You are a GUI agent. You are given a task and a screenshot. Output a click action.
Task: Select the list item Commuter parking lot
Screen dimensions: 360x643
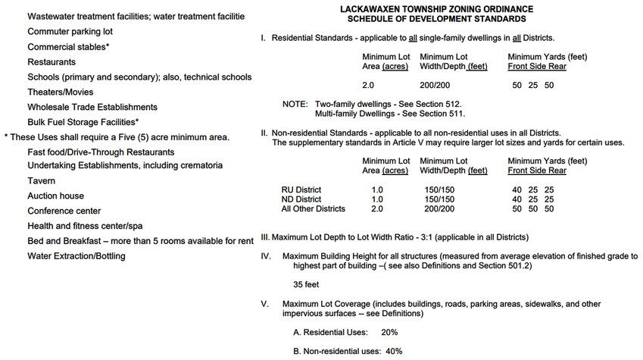(70, 32)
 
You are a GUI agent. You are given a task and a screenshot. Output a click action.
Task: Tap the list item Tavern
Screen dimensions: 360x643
(42, 181)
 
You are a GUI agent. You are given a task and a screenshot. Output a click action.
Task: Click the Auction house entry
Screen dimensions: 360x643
(56, 196)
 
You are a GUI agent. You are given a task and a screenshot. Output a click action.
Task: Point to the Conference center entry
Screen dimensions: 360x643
(64, 211)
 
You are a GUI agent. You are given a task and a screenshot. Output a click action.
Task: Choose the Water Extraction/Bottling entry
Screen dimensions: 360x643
(76, 256)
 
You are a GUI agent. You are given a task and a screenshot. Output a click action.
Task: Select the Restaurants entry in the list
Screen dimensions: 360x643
(52, 62)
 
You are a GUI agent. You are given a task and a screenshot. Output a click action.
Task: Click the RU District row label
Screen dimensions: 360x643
(301, 189)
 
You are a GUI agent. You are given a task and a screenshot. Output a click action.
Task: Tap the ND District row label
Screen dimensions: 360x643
(301, 199)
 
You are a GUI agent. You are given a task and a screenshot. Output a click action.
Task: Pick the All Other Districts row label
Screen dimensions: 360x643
(314, 209)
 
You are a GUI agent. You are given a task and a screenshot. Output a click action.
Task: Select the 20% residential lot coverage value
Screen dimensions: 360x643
(390, 332)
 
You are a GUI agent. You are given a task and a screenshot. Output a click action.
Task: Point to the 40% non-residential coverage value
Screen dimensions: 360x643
(394, 352)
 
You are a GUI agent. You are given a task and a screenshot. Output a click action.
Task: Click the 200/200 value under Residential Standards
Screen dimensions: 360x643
(435, 86)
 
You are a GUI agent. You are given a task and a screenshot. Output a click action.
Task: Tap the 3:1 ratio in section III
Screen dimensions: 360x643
(424, 237)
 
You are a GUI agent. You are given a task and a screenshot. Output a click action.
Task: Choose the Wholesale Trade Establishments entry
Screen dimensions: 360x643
(92, 107)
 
